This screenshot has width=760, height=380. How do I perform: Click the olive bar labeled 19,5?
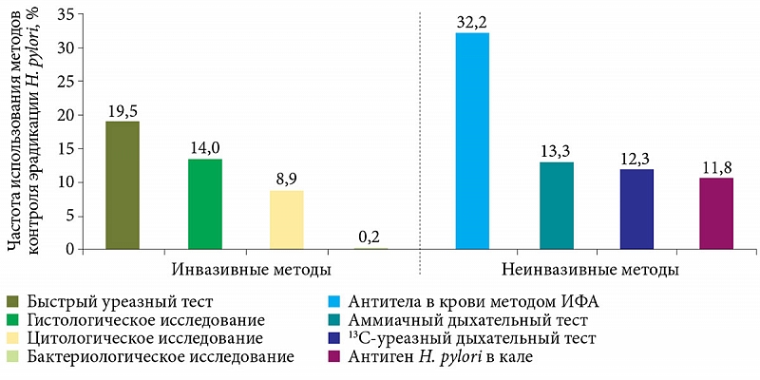(x=123, y=185)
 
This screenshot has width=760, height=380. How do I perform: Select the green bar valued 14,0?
(x=205, y=204)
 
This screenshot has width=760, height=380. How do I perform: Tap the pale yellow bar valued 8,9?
(x=286, y=219)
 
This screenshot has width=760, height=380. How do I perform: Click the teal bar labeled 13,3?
(x=556, y=205)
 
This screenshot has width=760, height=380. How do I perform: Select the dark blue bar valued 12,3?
(x=636, y=209)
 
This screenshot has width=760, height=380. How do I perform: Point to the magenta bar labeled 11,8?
(x=716, y=213)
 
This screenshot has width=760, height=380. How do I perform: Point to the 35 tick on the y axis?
(x=67, y=14)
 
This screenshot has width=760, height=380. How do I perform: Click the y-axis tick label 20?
(x=67, y=115)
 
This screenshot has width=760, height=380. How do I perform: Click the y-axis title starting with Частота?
(x=25, y=133)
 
